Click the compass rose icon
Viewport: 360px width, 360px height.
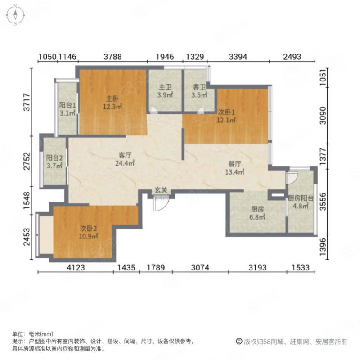15,15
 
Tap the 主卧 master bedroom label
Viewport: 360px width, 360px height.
112,99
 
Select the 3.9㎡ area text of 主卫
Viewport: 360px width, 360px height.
165,95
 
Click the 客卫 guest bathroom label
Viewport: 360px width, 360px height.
199,87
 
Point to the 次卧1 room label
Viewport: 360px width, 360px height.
226,112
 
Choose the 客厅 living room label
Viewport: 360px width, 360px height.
125,155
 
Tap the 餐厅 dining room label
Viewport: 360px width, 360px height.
234,164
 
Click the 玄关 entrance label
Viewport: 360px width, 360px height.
161,190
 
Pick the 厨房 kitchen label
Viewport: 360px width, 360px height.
257,209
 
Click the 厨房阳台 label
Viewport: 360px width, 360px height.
301,198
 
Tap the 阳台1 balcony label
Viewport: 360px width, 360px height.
67,105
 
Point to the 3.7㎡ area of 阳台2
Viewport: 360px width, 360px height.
54,166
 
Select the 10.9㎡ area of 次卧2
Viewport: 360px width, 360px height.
89,236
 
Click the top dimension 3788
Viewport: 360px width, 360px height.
113,57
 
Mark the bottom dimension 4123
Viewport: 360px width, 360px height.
76,267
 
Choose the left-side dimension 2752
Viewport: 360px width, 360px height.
27,161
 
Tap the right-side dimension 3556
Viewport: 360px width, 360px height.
323,202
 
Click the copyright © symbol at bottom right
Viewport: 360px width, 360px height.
239,342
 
